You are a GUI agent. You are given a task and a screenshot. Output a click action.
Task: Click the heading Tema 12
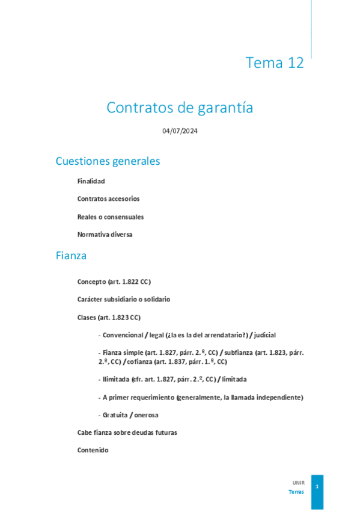[275, 63]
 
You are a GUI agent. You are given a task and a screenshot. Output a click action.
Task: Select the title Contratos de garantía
[180, 108]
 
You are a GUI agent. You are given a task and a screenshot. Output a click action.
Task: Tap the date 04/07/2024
[180, 131]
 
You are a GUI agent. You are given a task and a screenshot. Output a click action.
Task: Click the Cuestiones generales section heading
[108, 161]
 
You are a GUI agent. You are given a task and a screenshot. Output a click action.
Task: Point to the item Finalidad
[91, 180]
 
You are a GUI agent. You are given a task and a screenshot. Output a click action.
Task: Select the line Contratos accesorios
[108, 198]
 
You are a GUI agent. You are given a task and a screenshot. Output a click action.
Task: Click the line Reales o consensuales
[111, 217]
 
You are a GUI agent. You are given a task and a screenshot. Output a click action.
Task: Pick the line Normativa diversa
[105, 235]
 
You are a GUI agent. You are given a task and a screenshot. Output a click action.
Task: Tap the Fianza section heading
[71, 256]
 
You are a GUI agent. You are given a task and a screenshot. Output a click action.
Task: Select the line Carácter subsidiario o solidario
[124, 299]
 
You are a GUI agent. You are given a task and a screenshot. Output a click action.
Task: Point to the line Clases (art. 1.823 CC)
[109, 317]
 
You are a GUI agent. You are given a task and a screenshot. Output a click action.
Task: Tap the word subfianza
[239, 353]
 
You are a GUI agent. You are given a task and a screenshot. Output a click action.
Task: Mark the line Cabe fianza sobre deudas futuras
[127, 432]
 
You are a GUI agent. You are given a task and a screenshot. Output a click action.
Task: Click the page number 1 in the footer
[317, 486]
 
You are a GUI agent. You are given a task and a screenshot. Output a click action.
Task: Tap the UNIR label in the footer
[298, 482]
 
